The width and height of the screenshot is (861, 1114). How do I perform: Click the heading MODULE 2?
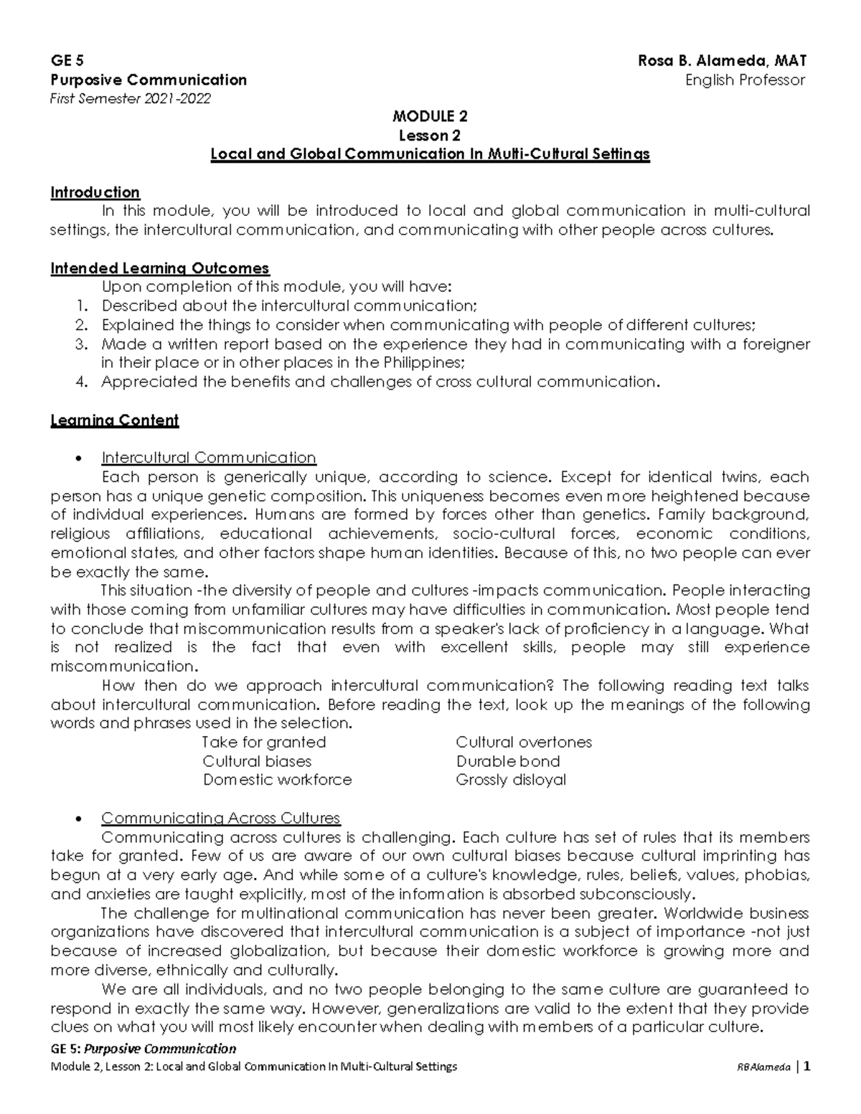pos(430,117)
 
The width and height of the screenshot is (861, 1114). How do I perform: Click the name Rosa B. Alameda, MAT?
pos(723,61)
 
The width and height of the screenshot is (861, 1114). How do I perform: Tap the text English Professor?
pos(745,80)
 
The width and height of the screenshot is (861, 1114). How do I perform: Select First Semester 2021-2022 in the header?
pos(131,99)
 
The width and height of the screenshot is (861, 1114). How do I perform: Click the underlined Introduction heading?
pos(95,192)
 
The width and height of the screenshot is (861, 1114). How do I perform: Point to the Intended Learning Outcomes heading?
pos(159,268)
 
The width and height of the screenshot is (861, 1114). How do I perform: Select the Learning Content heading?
pos(114,420)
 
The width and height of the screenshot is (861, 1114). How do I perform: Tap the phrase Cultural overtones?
pos(524,742)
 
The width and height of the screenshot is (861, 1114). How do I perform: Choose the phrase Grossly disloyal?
pos(511,780)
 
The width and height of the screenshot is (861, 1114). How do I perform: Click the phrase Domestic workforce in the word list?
pos(277,780)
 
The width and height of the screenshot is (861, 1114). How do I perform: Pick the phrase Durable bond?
pos(508,761)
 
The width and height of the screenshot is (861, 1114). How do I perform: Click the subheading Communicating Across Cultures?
pos(220,818)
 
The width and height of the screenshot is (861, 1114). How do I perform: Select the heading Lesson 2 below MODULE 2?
pos(430,136)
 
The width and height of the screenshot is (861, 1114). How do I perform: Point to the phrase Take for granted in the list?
pos(264,742)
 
